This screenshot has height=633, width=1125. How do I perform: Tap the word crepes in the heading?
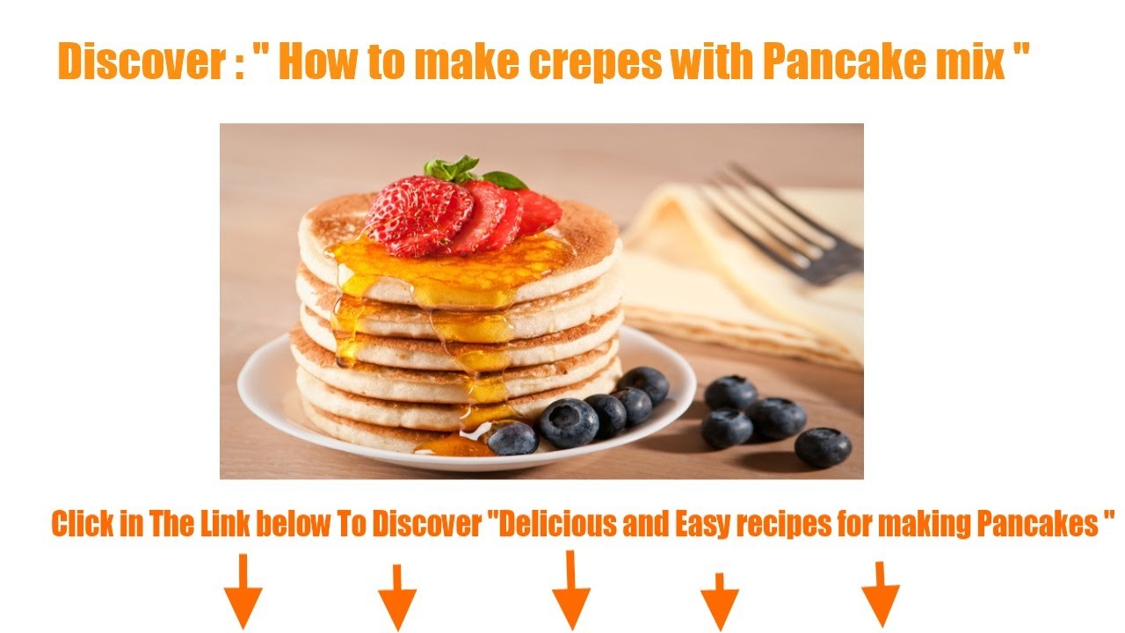tap(596, 62)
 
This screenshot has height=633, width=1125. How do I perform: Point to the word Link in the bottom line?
tap(225, 523)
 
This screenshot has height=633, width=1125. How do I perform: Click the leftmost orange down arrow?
tap(243, 592)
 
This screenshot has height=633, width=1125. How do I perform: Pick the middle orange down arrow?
tap(571, 590)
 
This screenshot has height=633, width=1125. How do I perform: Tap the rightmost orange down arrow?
tap(881, 594)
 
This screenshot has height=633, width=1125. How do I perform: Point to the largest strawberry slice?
tap(419, 215)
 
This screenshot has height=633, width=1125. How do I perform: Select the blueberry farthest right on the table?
tap(823, 447)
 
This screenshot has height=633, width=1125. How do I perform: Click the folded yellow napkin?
tap(744, 281)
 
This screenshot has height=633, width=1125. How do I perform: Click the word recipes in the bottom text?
tap(782, 526)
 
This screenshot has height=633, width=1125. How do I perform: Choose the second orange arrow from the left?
tap(397, 598)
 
